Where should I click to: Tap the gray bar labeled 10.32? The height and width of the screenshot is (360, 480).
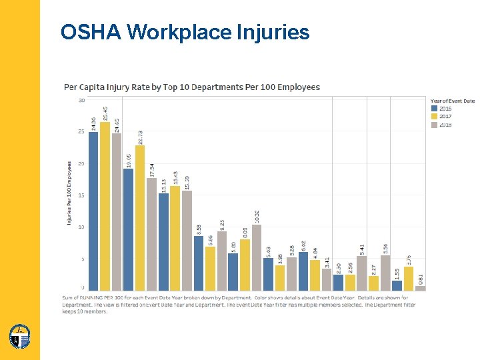257,257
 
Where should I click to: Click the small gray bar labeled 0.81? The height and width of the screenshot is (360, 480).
420,288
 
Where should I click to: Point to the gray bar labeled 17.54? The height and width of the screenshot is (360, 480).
151,234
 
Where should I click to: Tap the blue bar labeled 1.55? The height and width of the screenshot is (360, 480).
397,285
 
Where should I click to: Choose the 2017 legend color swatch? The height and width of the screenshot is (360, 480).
434,117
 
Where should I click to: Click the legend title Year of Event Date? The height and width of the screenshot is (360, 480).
452,101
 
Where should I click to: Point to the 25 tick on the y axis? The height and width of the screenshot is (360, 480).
81,131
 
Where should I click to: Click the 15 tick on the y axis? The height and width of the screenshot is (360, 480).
81,195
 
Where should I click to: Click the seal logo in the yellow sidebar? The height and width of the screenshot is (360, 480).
19,337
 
